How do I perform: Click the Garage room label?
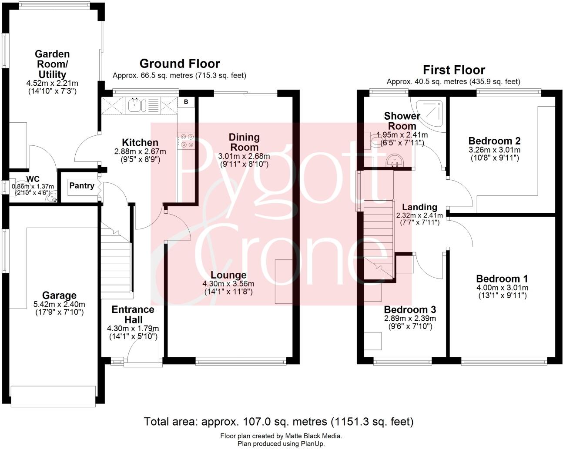point(59,296)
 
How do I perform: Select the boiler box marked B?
point(186,102)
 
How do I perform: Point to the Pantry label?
point(82,186)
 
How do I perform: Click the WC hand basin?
point(53,198)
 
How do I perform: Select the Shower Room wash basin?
point(395,161)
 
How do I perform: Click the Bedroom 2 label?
point(494,141)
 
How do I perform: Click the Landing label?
point(419,207)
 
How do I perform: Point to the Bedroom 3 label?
point(410,310)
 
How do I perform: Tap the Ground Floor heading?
point(180,64)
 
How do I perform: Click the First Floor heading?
point(454,70)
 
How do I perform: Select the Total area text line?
point(278,421)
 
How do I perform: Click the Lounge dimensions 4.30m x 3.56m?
point(229,284)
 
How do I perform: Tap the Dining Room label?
point(245,142)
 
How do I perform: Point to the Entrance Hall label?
point(133,315)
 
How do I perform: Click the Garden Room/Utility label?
point(52,64)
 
